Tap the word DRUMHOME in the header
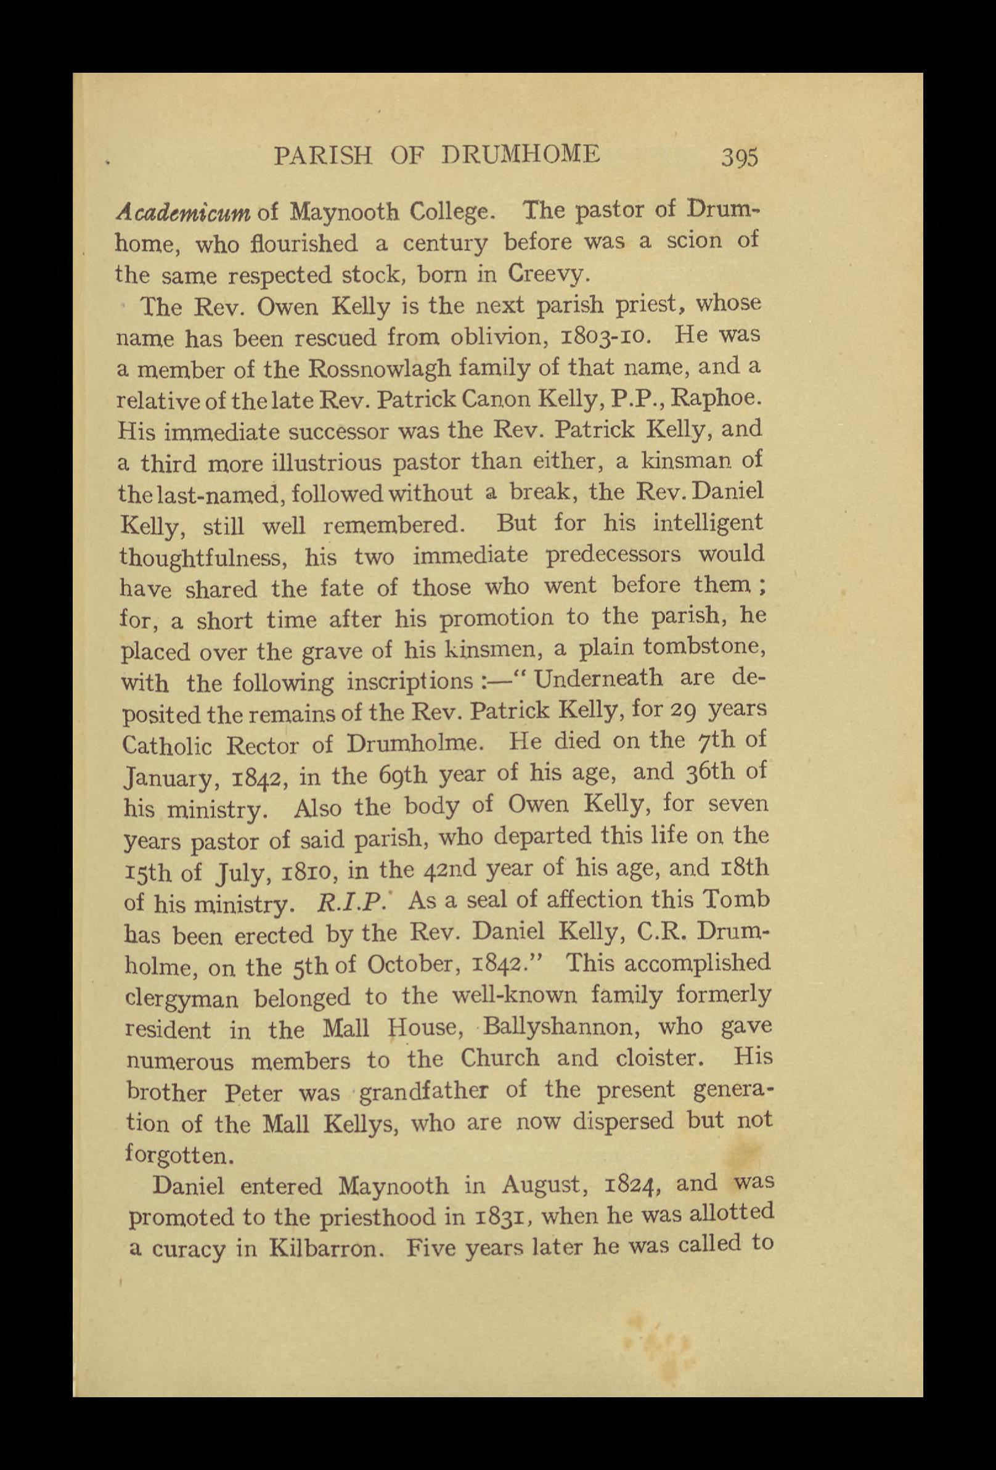pos(520,155)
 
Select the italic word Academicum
pos(184,211)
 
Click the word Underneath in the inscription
pos(598,680)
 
